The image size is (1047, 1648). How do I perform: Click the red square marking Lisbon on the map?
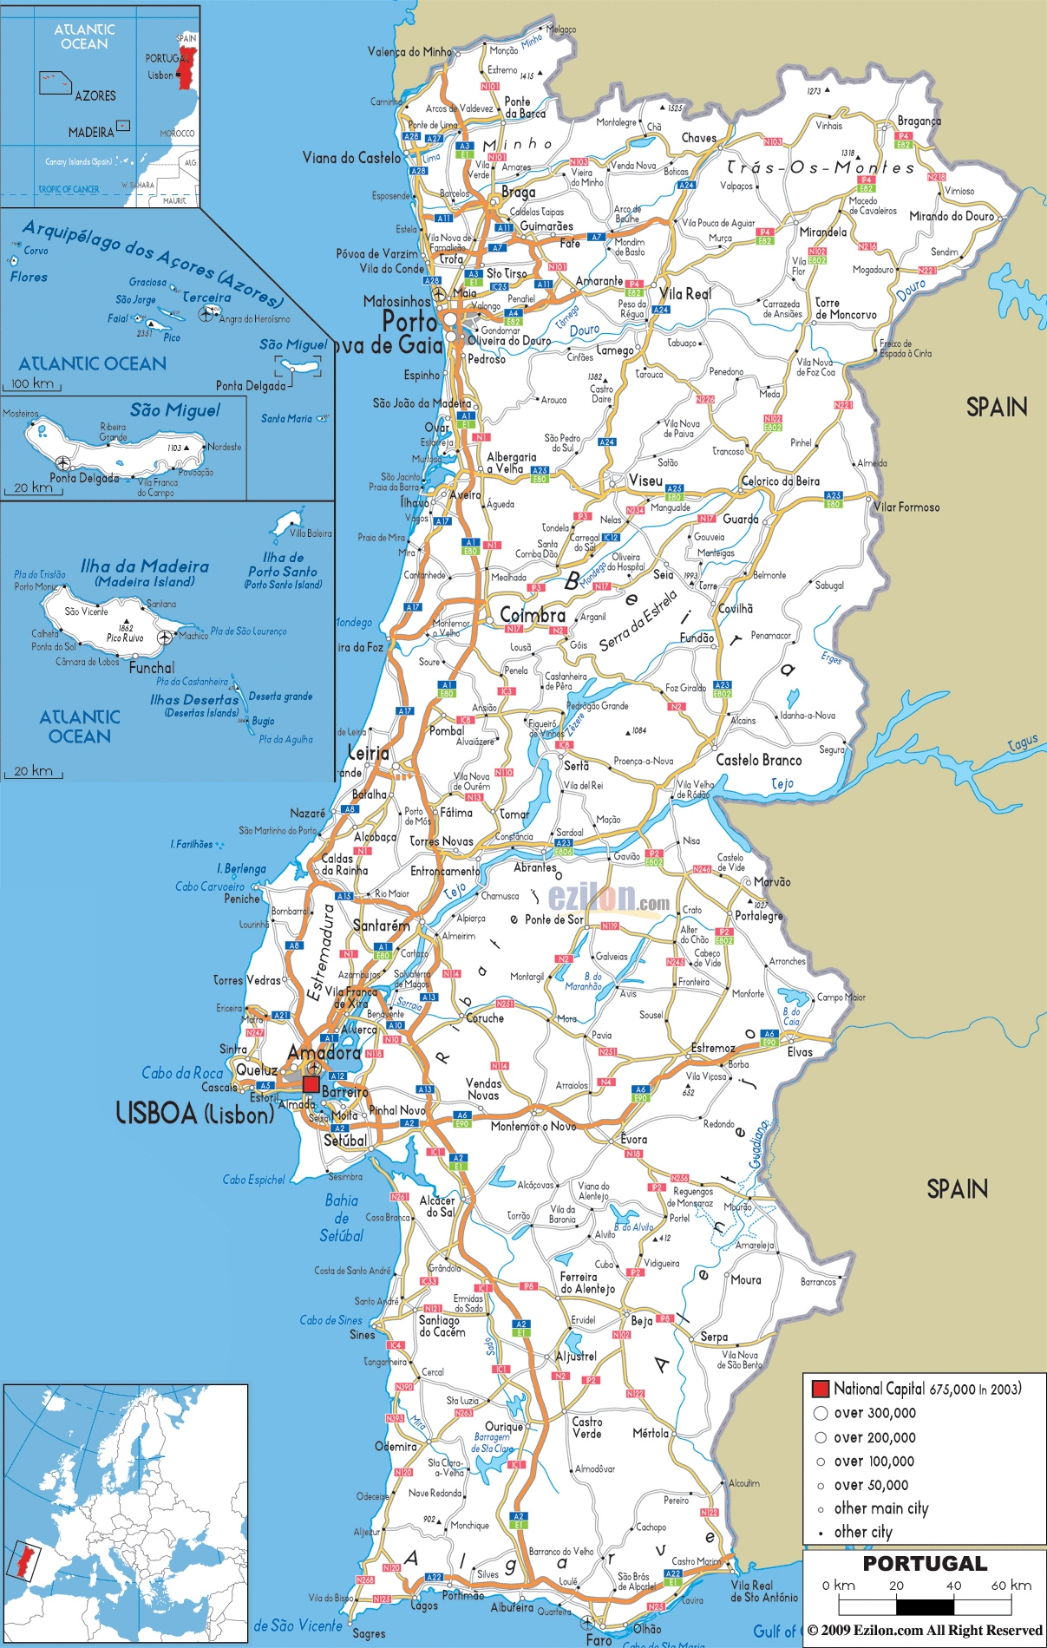[311, 1084]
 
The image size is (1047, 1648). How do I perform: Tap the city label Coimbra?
[533, 615]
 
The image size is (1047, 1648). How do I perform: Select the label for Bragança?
[919, 121]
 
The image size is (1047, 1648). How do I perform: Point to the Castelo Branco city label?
[758, 760]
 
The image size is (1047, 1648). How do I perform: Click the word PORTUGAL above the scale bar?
[925, 1564]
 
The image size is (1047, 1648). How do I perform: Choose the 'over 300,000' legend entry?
[874, 1413]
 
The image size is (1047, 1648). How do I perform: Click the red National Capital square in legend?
[820, 1389]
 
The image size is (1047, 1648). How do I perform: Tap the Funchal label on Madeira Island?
[152, 668]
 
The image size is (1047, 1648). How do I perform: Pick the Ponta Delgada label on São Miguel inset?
[84, 478]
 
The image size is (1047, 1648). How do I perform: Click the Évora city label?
[633, 1139]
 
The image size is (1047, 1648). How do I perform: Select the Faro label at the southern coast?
[599, 1639]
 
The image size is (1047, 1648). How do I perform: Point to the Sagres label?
[369, 1633]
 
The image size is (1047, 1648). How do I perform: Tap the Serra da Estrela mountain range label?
[638, 620]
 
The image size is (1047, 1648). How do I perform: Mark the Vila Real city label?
[685, 294]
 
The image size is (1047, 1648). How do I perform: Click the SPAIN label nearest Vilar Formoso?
[996, 407]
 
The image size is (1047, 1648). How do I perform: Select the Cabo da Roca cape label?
[182, 1073]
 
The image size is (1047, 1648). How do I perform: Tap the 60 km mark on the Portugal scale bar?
[1011, 1586]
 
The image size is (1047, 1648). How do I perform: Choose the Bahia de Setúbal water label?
[341, 1218]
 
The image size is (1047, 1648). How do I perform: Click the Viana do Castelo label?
[351, 158]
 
